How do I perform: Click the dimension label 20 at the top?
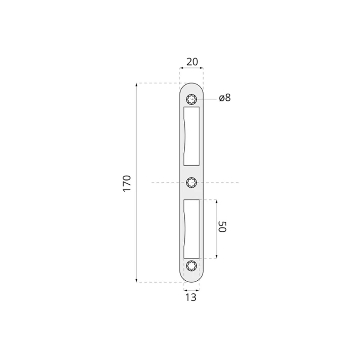tap(192, 62)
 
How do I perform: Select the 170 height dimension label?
tap(127, 183)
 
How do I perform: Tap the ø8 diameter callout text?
tap(225, 98)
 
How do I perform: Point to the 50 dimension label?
tap(222, 227)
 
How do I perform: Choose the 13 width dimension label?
tap(191, 297)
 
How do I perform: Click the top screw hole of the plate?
tap(192, 100)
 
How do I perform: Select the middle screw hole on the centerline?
tap(192, 183)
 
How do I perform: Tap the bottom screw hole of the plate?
tap(192, 266)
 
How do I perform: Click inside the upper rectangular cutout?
tap(192, 136)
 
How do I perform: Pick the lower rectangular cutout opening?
tap(192, 229)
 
